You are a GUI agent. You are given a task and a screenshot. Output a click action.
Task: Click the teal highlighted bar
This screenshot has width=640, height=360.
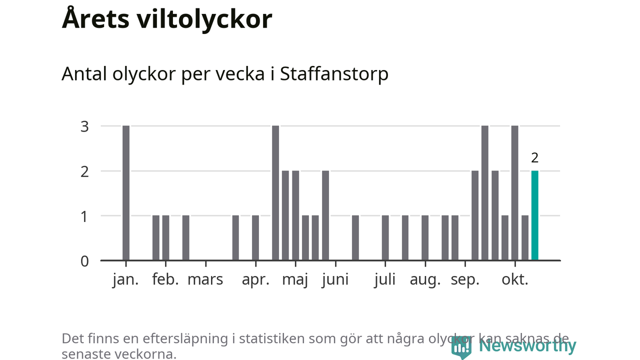(x=534, y=215)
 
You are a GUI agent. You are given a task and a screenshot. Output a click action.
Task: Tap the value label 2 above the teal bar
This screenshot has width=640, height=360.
(x=534, y=158)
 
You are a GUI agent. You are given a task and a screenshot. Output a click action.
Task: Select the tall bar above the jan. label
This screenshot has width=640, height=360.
(x=126, y=193)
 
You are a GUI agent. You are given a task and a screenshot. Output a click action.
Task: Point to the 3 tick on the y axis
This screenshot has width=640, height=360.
(x=84, y=126)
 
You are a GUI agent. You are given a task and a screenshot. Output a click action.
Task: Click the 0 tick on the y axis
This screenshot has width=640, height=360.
(x=84, y=261)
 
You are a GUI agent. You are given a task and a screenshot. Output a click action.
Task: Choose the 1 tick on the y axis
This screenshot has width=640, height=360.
(x=84, y=216)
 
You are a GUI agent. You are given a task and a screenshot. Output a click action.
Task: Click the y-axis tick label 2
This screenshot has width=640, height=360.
(x=84, y=171)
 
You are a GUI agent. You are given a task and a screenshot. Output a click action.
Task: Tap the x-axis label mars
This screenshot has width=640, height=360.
(x=205, y=279)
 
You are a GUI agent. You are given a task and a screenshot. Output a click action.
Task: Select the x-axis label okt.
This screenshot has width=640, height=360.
(x=515, y=279)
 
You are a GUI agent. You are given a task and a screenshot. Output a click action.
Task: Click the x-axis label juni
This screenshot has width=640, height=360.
(x=335, y=279)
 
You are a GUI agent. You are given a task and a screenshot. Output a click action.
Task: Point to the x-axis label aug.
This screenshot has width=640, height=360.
(x=425, y=279)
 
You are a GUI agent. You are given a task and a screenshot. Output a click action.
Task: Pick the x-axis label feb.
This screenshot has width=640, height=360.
(x=165, y=279)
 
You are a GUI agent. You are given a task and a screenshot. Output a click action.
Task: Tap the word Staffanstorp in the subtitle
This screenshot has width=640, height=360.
(x=334, y=74)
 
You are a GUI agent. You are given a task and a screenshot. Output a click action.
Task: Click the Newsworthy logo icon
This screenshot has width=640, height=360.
(x=461, y=346)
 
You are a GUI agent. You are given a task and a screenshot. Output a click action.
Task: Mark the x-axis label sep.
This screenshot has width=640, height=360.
(x=465, y=279)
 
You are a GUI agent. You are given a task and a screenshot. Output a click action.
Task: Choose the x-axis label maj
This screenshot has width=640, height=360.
(x=295, y=279)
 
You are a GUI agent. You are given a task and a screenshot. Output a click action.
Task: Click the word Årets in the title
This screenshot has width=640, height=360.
(x=93, y=19)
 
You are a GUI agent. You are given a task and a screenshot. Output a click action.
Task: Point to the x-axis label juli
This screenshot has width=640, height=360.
(x=384, y=279)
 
